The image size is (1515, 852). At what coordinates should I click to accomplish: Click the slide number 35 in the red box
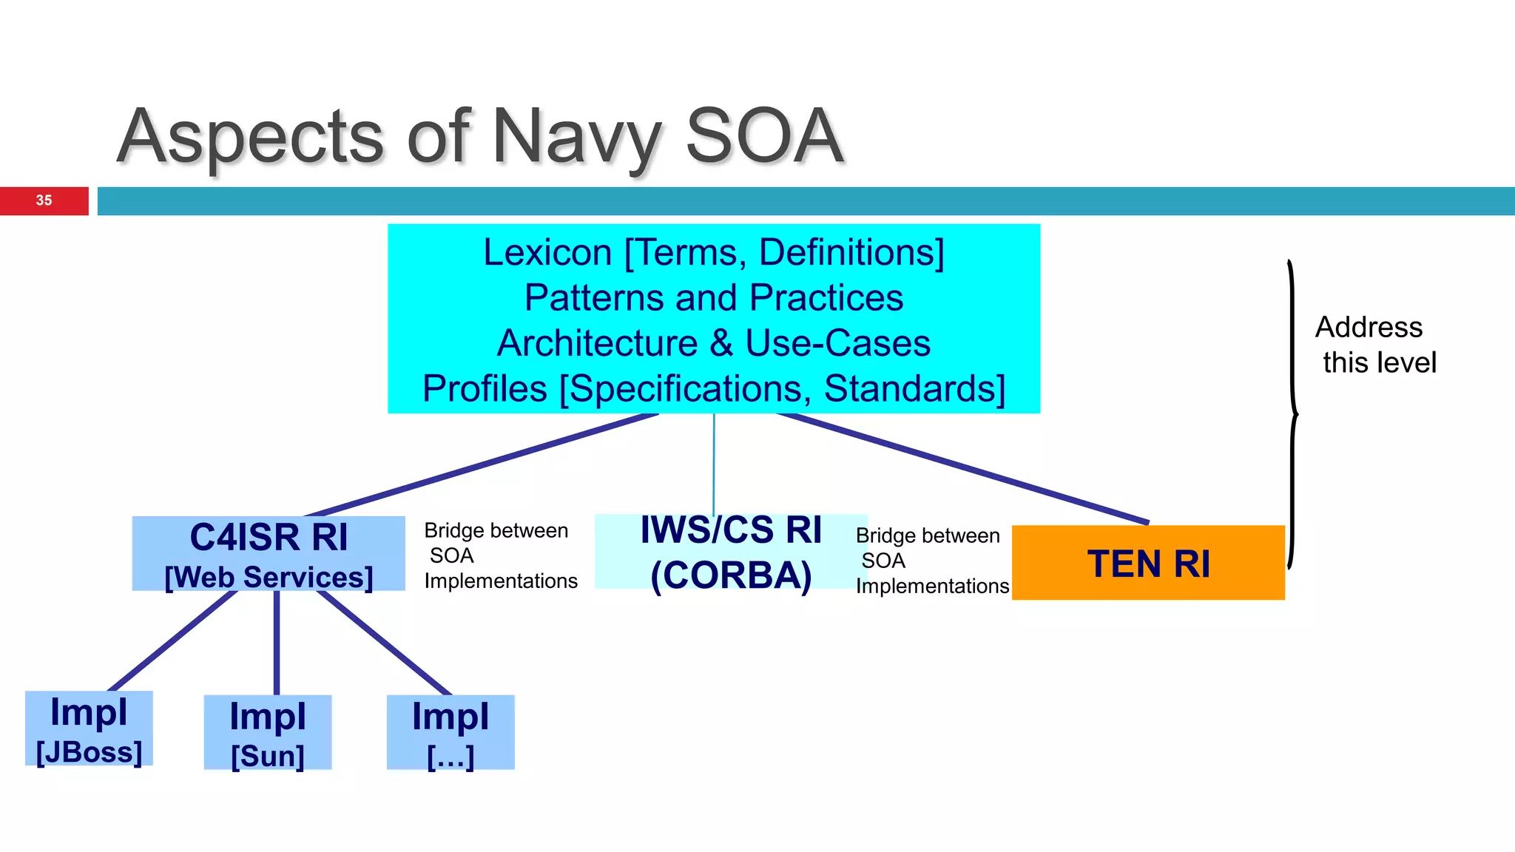point(44,200)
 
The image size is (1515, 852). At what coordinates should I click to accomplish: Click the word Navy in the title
point(576,137)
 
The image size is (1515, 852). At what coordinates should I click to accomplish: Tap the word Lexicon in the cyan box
point(547,253)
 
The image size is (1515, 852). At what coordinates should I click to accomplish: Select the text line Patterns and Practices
point(713,298)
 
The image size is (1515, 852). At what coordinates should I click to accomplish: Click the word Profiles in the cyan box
point(485,389)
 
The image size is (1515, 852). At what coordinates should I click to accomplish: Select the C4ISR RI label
point(269,537)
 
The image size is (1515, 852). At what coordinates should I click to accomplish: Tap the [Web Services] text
point(269,578)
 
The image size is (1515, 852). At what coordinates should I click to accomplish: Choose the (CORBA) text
point(731,575)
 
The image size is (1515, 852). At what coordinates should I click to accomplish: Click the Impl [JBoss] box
point(89,729)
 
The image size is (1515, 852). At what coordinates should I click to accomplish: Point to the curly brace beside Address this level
point(1292,414)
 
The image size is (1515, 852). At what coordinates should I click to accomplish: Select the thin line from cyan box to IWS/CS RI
point(714,464)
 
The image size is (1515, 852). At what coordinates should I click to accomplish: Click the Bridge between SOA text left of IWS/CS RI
point(499,556)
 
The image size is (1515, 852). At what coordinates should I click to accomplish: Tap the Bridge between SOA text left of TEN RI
point(931,561)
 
